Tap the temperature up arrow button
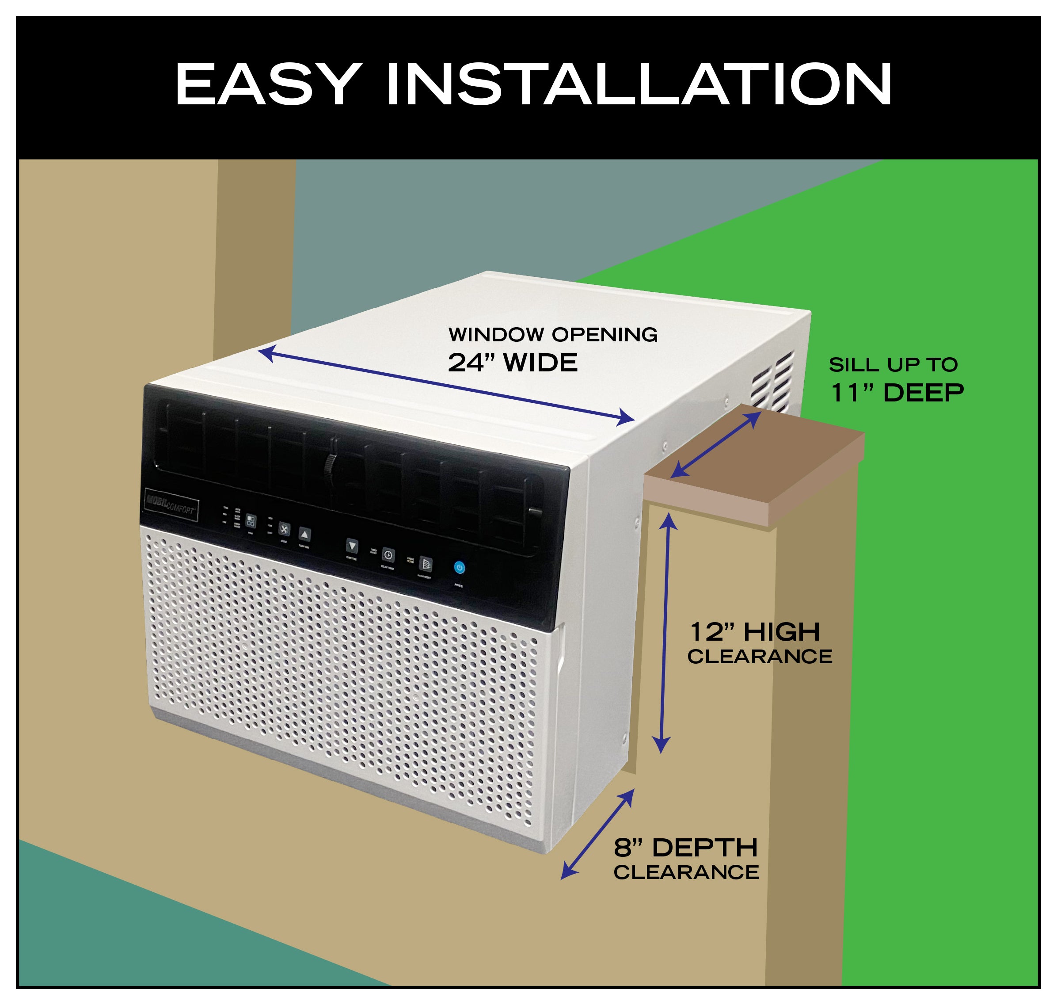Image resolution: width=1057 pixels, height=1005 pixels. (x=304, y=534)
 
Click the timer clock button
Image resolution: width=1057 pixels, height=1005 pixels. (x=388, y=555)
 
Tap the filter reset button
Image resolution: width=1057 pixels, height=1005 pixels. (x=425, y=564)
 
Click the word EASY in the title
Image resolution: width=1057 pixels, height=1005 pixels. (x=268, y=84)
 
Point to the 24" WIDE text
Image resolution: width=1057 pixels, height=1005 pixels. (x=513, y=363)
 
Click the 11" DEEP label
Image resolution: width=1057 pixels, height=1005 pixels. (x=897, y=393)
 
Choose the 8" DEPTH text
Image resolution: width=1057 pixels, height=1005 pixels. (x=686, y=848)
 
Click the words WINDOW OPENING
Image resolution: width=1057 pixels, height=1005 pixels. (x=553, y=335)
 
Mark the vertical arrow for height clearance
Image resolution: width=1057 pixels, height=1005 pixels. (x=665, y=633)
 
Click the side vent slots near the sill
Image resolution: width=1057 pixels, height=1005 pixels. (x=774, y=381)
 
